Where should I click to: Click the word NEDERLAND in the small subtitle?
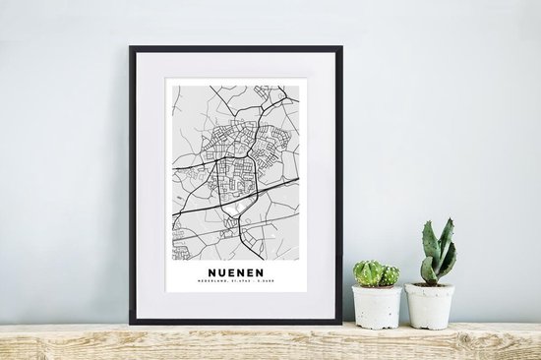tap(218, 277)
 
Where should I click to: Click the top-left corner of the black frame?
tap(130, 47)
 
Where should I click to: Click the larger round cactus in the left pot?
tap(366, 272)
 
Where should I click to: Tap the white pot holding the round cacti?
tap(376, 307)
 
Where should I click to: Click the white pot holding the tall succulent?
tap(430, 307)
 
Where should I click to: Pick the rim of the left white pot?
tap(376, 288)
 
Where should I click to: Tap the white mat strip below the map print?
tap(235, 305)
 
